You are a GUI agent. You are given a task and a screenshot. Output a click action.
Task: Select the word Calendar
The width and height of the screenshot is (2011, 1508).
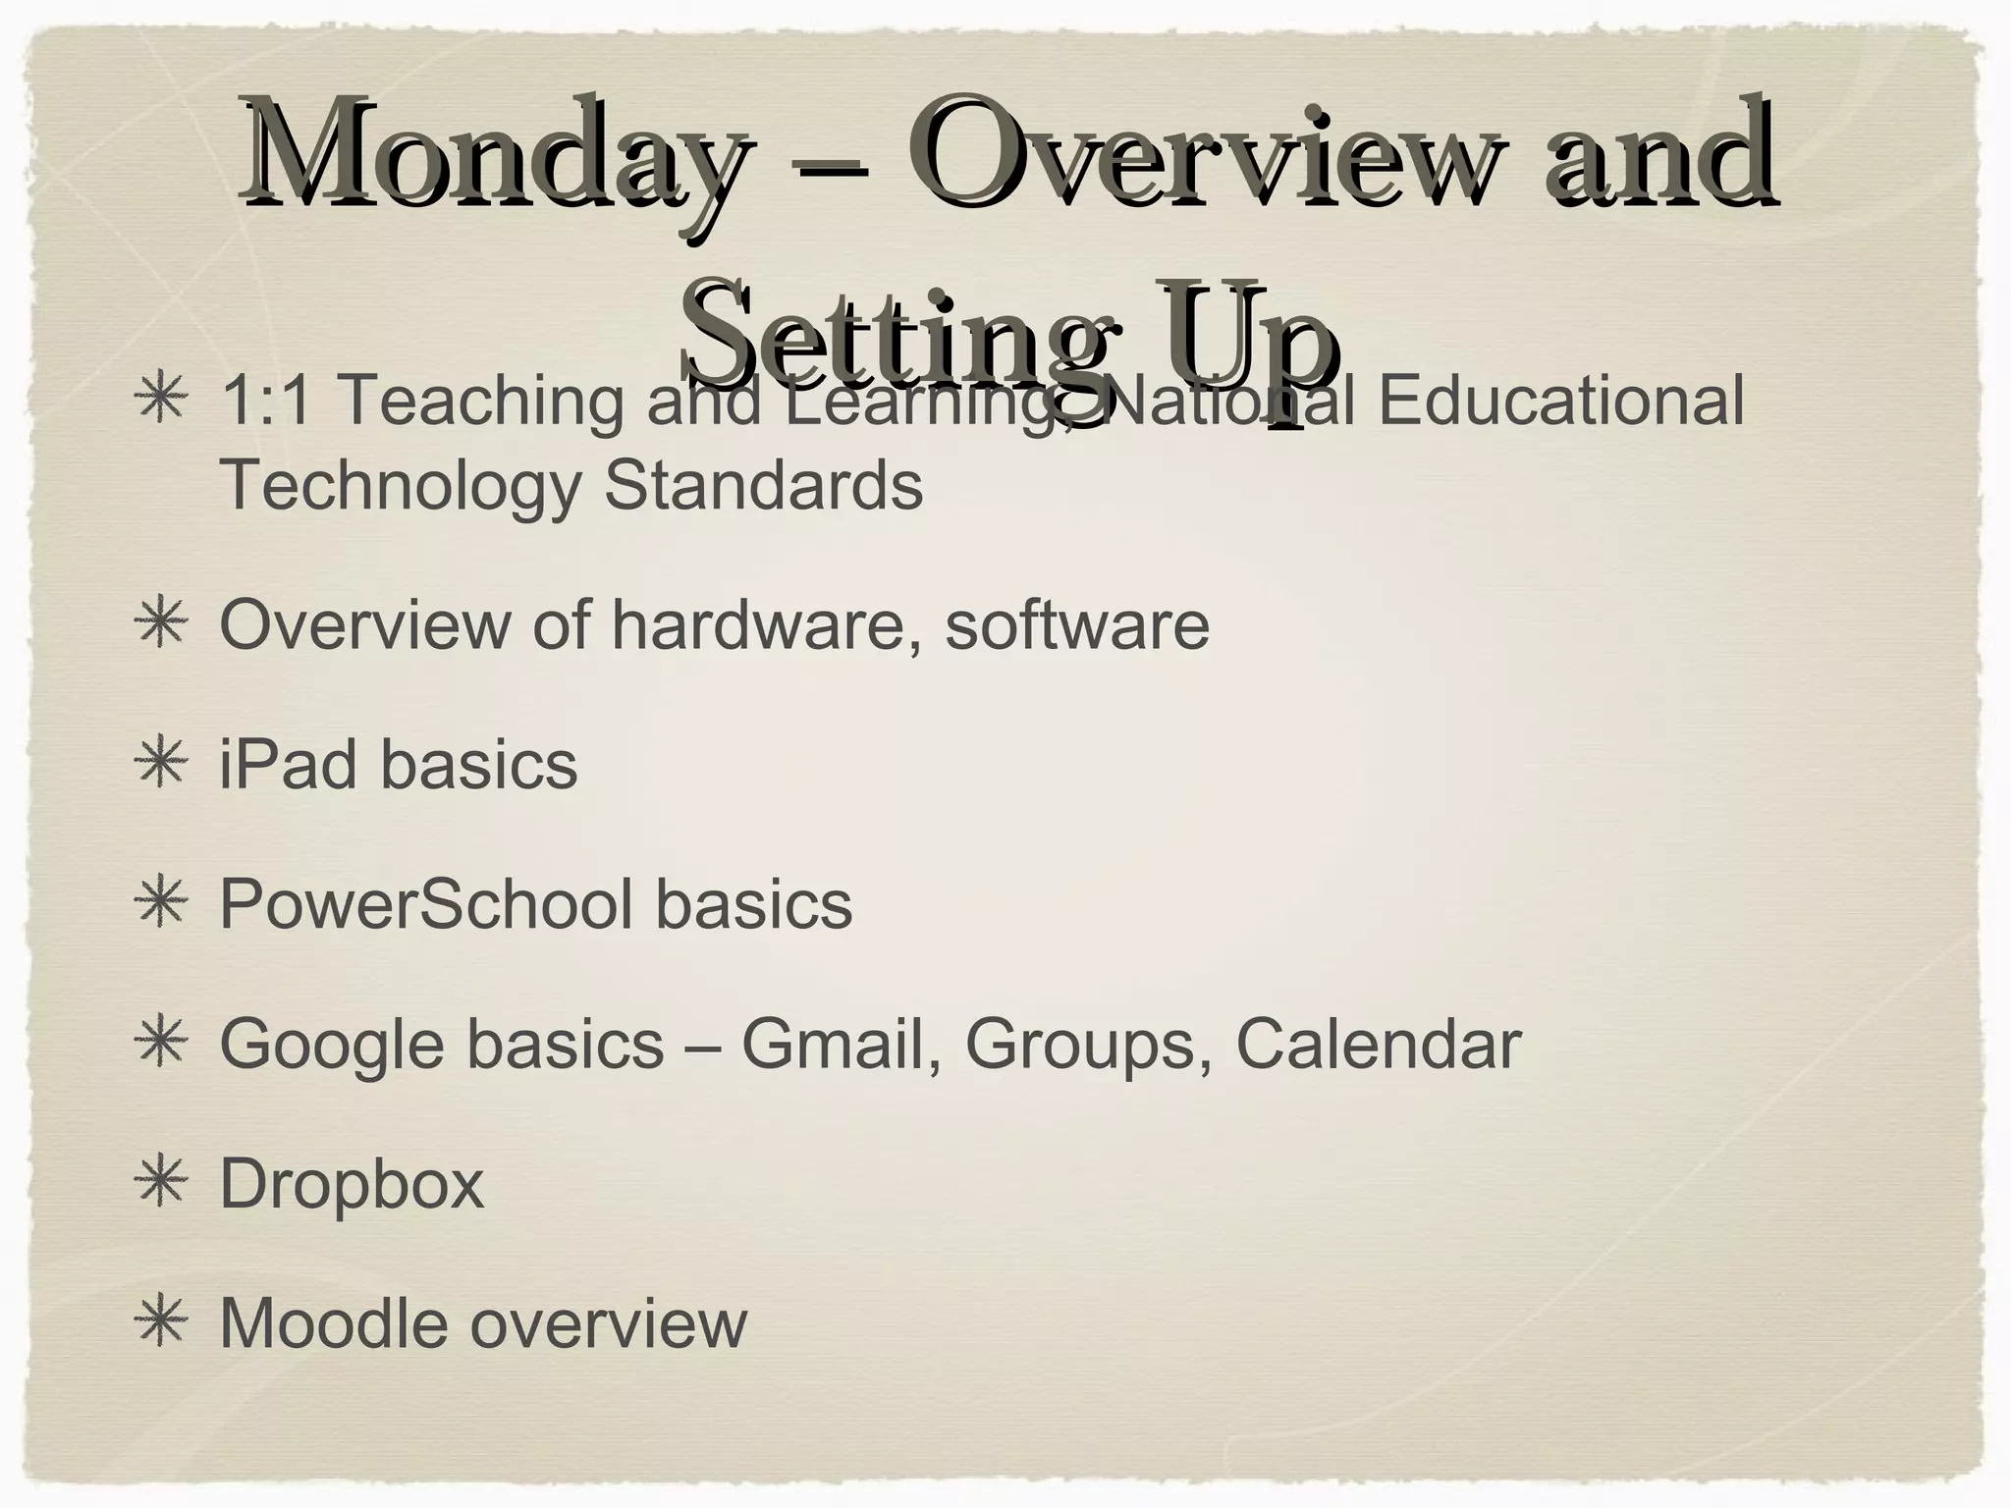pyautogui.click(x=1378, y=1044)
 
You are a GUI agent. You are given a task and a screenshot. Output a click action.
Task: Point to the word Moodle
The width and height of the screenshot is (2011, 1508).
pyautogui.click(x=334, y=1323)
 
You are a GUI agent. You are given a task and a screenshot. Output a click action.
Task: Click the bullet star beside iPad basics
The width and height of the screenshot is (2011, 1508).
pyautogui.click(x=160, y=765)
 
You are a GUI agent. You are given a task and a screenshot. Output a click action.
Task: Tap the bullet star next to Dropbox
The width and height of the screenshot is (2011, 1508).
pyautogui.click(x=160, y=1184)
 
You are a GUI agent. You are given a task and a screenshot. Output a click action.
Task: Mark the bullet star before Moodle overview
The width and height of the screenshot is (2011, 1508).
pyautogui.click(x=160, y=1323)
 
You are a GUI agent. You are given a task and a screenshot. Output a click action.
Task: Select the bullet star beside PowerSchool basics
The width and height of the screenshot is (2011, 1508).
pyautogui.click(x=160, y=904)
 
